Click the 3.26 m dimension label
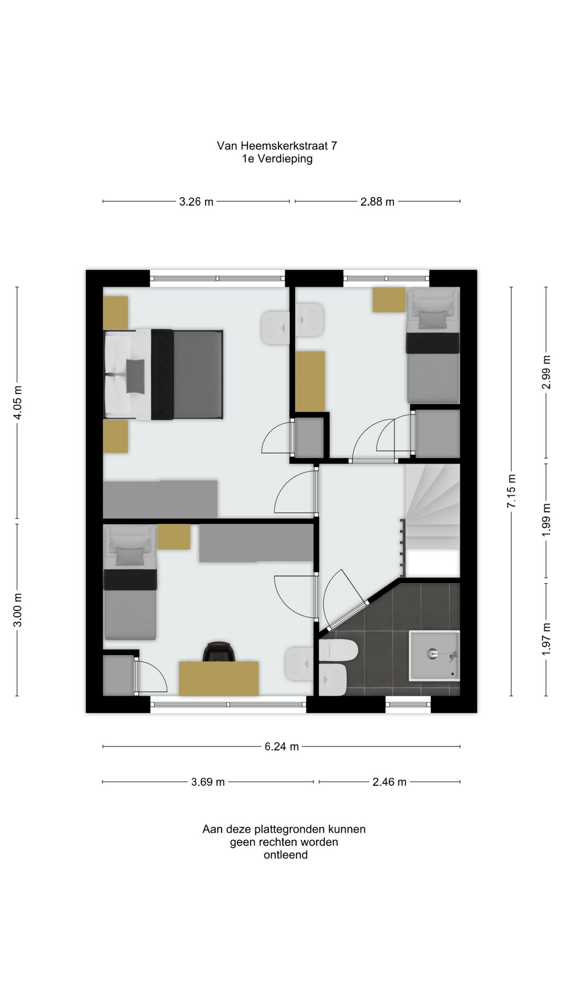coord(196,202)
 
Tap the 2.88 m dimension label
coord(377,202)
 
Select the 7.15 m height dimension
coord(511,491)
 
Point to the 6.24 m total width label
coord(281,746)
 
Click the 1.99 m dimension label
coord(546,520)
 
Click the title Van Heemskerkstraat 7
coord(277,146)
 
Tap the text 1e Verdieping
coord(277,159)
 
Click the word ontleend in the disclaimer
coord(285,855)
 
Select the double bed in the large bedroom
coord(164,374)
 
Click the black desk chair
coord(219,652)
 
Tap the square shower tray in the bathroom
coord(434,656)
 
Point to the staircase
coord(433,521)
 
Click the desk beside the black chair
coord(219,679)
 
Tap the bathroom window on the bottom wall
coord(408,705)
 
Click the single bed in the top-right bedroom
coord(433,345)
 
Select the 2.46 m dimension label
coord(389,782)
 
